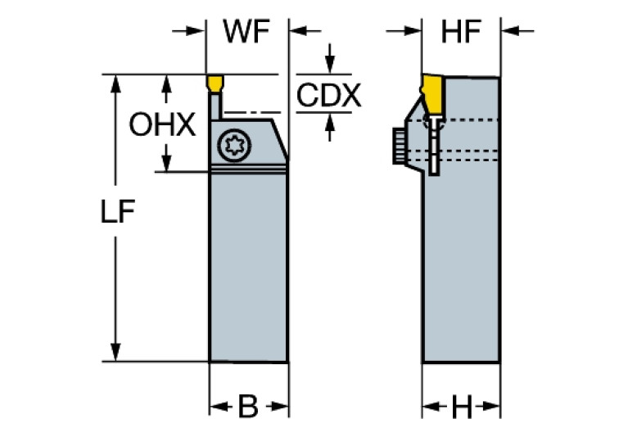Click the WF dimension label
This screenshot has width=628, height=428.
[x=246, y=34]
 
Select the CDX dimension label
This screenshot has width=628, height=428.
[x=328, y=96]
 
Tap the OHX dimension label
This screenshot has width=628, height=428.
[x=162, y=125]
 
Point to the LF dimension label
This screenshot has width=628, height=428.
[x=117, y=211]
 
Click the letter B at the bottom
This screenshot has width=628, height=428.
[x=248, y=405]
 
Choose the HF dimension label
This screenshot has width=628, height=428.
[x=461, y=33]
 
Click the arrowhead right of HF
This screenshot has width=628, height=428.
[x=509, y=32]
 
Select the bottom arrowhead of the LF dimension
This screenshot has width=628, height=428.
[x=117, y=353]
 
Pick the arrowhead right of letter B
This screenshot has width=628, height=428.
[x=281, y=405]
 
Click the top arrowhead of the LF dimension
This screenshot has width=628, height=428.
[x=117, y=83]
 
